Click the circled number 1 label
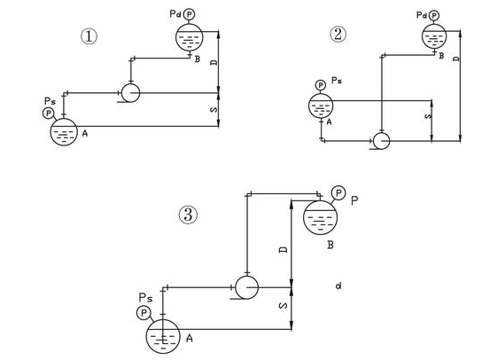[89, 36]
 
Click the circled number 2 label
[338, 35]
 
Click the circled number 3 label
[188, 215]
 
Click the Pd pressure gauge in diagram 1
[189, 14]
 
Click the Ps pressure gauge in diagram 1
[48, 113]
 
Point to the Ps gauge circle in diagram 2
[321, 85]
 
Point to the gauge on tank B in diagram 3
[338, 193]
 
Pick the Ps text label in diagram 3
[145, 298]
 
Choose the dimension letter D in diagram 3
[284, 249]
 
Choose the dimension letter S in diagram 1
[214, 110]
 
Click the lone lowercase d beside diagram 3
[338, 286]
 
